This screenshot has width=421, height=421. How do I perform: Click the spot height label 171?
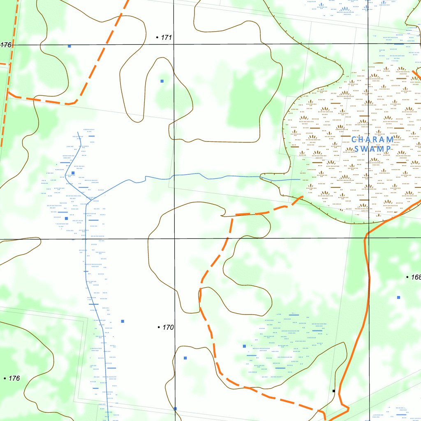tap(166, 37)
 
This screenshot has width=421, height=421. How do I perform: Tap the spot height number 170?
tap(168, 328)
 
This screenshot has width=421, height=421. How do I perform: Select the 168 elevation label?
tap(415, 278)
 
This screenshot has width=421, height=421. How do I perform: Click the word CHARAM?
tap(372, 139)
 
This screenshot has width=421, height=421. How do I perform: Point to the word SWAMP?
tap(372, 149)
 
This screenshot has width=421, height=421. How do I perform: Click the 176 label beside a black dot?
tap(14, 378)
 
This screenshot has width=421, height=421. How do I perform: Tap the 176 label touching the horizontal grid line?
tap(6, 45)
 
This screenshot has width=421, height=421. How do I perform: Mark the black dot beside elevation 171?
tap(157, 37)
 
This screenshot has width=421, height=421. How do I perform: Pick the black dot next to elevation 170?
tap(159, 327)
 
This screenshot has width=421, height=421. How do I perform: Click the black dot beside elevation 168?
tap(407, 278)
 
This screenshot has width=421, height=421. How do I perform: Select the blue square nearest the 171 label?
tap(162, 81)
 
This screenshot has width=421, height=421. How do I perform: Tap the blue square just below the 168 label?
tap(398, 297)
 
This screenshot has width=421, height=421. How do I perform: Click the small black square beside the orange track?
tap(334, 391)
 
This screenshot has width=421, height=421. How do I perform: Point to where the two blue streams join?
tap(87, 202)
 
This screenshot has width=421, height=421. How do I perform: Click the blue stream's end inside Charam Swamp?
tap(300, 180)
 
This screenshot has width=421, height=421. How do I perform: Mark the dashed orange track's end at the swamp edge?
tap(302, 197)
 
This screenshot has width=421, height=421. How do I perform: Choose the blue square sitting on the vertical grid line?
tap(175, 408)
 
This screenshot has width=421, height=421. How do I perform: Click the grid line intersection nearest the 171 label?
tap(173, 44)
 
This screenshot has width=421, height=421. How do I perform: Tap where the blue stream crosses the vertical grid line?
tap(174, 177)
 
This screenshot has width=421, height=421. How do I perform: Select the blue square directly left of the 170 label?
tap(123, 321)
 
